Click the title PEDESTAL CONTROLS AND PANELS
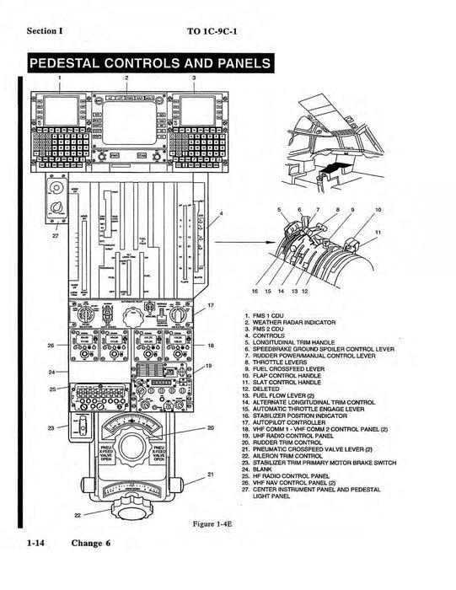pyautogui.click(x=148, y=64)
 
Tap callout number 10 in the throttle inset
pyautogui.click(x=378, y=208)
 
